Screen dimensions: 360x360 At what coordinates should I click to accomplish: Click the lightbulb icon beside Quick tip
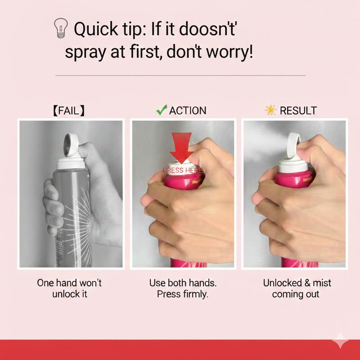(61, 28)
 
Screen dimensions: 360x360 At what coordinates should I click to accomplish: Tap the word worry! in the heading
(229, 52)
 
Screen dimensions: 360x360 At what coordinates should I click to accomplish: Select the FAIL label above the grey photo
(69, 111)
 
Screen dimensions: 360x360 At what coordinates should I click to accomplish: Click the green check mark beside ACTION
(162, 110)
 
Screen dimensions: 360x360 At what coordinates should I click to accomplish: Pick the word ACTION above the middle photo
(188, 111)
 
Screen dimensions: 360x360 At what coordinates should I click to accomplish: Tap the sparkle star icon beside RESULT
(270, 110)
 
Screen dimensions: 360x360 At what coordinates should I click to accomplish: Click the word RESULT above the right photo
(298, 111)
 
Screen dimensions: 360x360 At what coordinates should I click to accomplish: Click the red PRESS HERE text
(182, 171)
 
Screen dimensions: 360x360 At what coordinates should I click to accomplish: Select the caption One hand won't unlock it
(69, 288)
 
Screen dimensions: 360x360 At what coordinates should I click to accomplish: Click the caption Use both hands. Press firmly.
(183, 288)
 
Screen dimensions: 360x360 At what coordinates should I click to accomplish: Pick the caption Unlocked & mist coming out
(297, 288)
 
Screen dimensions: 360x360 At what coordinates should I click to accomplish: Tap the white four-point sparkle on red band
(340, 340)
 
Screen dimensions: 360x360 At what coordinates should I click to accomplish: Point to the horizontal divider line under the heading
(180, 75)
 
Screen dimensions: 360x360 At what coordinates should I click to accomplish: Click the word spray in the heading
(85, 53)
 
